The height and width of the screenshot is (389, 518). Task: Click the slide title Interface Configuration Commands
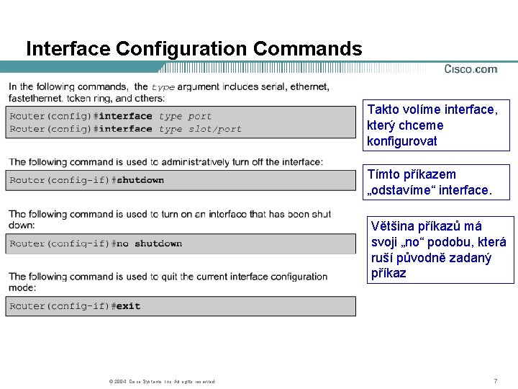194,49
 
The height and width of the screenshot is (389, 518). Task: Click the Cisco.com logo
471,69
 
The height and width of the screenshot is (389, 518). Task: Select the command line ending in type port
111,116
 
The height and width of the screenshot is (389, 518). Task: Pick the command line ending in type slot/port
125,129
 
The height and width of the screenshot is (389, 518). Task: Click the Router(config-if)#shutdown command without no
87,180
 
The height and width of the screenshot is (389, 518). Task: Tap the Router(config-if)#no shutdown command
96,243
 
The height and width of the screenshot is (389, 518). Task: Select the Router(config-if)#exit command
75,306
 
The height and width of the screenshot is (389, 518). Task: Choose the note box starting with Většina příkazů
441,250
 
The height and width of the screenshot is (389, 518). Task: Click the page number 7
495,380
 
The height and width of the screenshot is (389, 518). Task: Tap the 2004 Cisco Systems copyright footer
160,381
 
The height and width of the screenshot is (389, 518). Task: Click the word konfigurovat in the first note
401,141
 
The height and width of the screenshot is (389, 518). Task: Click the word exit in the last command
128,306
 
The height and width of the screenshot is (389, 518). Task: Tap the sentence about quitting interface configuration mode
168,281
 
